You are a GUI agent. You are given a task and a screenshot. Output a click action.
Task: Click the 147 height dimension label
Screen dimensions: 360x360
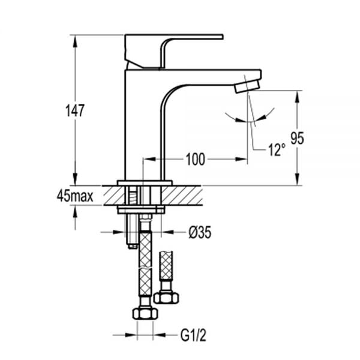(75, 110)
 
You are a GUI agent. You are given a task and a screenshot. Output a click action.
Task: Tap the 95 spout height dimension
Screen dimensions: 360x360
(297, 138)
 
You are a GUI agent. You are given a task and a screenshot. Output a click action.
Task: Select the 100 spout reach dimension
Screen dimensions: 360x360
(195, 159)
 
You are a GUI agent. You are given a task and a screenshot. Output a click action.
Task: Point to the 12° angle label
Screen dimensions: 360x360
(277, 150)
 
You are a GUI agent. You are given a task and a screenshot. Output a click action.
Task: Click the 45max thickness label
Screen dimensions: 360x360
(75, 196)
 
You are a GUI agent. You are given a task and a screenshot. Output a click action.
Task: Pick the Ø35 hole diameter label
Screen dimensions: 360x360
(200, 232)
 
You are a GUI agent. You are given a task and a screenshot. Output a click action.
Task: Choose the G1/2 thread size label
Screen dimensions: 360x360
(193, 335)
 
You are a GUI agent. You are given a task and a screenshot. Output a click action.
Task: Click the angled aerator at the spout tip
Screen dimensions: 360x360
(247, 86)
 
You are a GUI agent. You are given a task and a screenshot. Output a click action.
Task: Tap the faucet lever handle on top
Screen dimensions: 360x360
(174, 51)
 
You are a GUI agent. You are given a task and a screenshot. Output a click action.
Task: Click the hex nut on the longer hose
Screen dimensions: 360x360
(145, 313)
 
